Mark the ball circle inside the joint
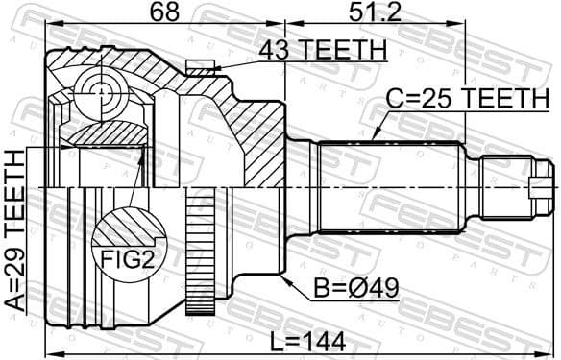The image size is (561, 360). click(101, 92)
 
